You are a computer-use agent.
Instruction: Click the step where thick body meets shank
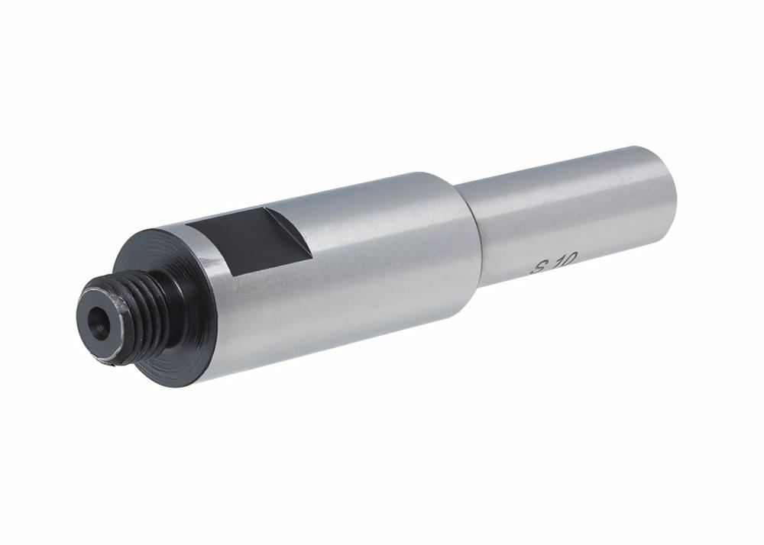pos(469,229)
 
